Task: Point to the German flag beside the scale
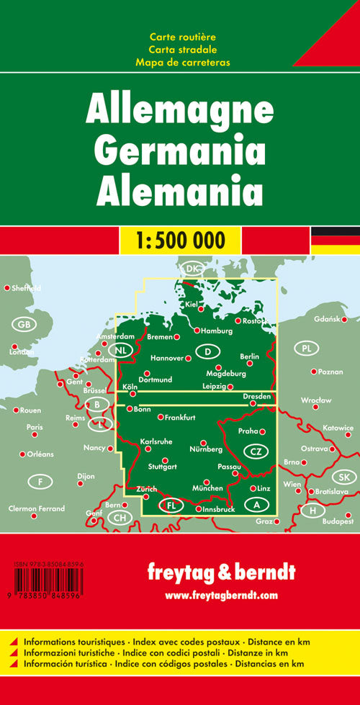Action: point(335,240)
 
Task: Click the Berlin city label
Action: point(249,356)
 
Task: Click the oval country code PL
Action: point(306,349)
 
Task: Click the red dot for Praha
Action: point(263,432)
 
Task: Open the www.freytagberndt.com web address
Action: point(221,595)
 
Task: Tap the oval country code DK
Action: point(192,269)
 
